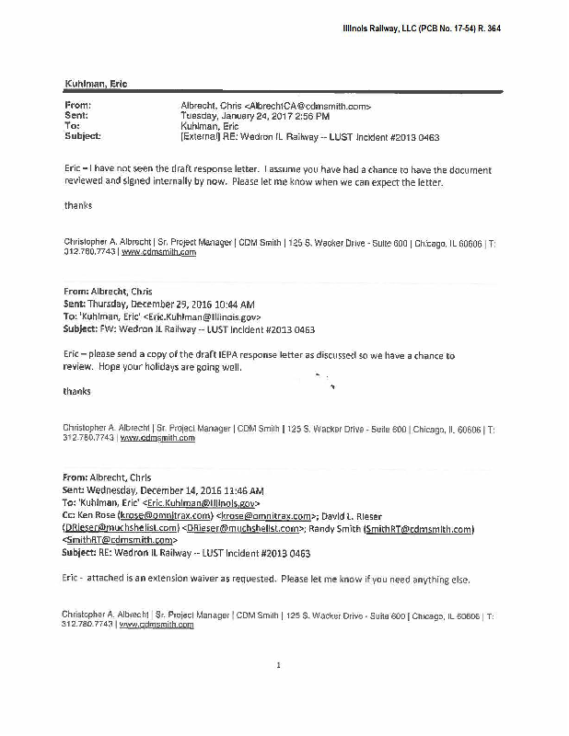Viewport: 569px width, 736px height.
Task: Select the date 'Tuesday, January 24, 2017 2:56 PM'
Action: (246, 116)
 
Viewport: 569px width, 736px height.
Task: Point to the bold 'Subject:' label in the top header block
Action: (83, 136)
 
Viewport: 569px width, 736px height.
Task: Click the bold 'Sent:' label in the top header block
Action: (77, 116)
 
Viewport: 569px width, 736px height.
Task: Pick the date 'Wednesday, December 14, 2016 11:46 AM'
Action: (179, 491)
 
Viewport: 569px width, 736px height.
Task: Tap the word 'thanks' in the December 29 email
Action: (77, 391)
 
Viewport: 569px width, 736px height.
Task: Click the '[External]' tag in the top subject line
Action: (202, 136)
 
